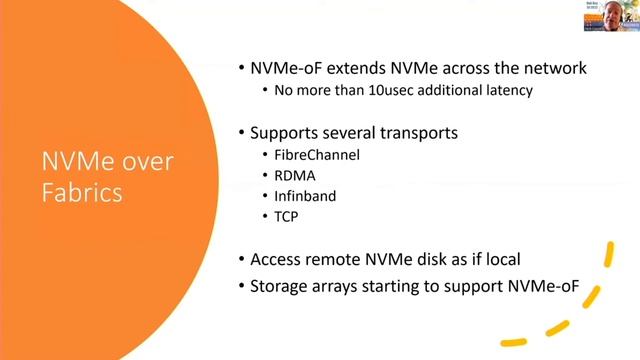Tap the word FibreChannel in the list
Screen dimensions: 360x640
pyautogui.click(x=315, y=155)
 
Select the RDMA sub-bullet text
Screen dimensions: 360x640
pyautogui.click(x=295, y=177)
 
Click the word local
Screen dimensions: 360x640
pyautogui.click(x=502, y=259)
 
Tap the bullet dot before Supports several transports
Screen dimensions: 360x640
pyautogui.click(x=241, y=131)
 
